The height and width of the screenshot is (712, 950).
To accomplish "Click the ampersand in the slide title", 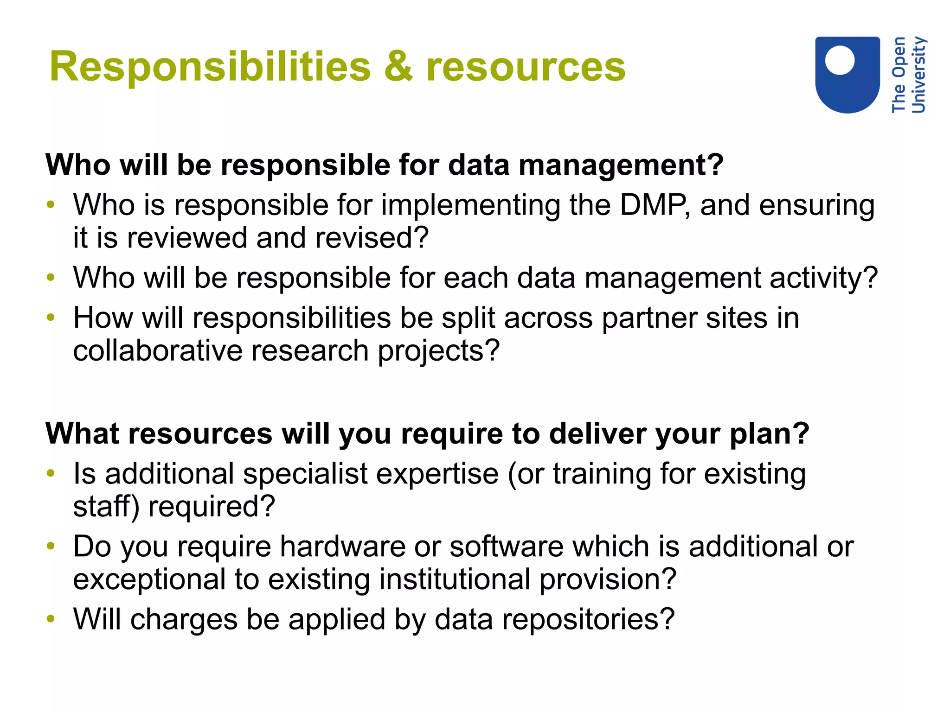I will tap(398, 67).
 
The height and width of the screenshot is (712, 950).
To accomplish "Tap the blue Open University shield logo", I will tap(847, 75).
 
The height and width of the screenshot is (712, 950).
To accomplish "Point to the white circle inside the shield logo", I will tap(840, 60).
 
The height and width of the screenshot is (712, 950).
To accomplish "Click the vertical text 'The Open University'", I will tap(908, 75).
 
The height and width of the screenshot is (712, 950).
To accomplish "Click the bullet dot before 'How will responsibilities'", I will tap(51, 318).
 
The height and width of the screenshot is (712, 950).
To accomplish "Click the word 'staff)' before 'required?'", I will tap(106, 507).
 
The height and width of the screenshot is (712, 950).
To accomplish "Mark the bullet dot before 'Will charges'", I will tap(51, 619).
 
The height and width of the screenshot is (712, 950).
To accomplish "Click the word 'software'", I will tap(506, 547).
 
